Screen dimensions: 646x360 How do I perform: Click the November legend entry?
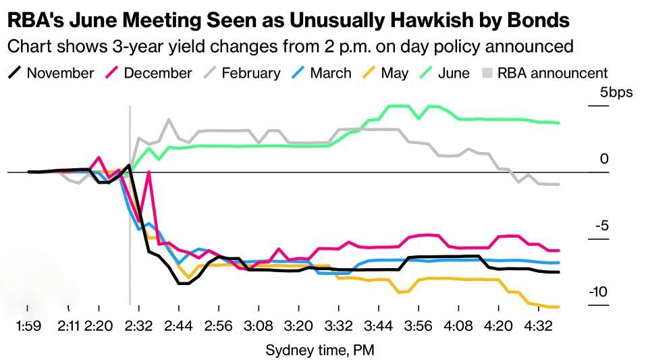click(51, 73)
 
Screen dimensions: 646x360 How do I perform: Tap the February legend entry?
click(242, 73)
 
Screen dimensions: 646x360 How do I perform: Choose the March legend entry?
click(321, 73)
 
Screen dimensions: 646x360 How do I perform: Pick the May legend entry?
click(385, 73)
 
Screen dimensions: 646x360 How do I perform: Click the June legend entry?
click(444, 73)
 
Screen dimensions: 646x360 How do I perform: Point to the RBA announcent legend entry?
click(545, 73)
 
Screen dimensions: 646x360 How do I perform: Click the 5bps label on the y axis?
click(616, 92)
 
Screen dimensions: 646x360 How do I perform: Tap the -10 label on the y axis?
click(598, 292)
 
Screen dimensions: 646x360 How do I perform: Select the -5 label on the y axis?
click(601, 226)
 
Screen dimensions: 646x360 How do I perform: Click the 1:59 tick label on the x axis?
click(28, 326)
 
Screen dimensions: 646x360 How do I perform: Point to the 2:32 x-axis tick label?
click(139, 326)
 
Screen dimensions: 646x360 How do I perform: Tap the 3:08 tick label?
click(259, 326)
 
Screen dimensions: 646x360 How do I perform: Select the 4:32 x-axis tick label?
click(539, 326)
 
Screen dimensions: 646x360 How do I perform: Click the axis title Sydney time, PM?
click(320, 350)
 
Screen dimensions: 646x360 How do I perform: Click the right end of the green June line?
click(559, 122)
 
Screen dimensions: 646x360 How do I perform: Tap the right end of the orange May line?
click(559, 307)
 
